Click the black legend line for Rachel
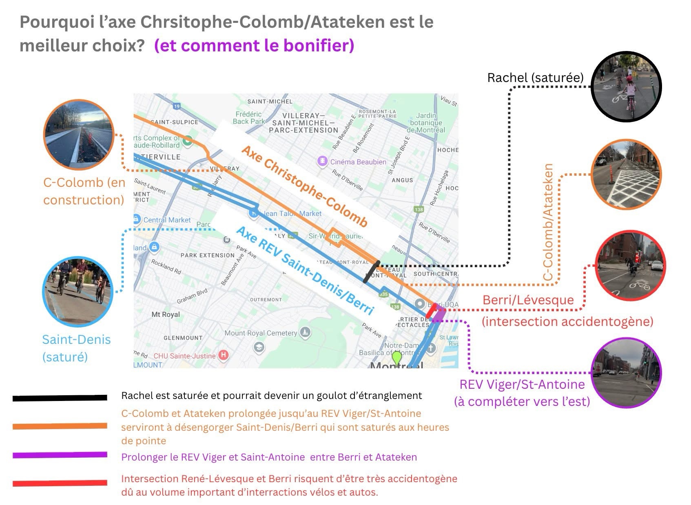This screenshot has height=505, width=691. coord(60,398)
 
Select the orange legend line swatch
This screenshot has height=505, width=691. coord(60,426)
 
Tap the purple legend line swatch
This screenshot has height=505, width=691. coord(60,455)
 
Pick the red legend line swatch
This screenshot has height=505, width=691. coord(60,483)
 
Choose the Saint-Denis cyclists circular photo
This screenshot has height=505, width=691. coord(77,292)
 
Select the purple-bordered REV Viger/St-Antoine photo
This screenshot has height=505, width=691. coord(626,373)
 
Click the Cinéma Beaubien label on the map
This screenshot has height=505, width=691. coord(358,162)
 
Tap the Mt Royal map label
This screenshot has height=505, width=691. coord(165,315)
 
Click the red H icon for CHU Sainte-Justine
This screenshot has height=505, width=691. coord(223,355)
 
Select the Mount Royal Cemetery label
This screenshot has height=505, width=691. coord(260,333)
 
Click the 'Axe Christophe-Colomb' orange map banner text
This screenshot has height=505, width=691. coord(304,186)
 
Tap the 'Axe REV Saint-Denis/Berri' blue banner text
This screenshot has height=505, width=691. coord(304,270)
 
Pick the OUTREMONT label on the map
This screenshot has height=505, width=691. coord(266,299)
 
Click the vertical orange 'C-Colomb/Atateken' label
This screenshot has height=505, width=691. coord(549,222)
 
